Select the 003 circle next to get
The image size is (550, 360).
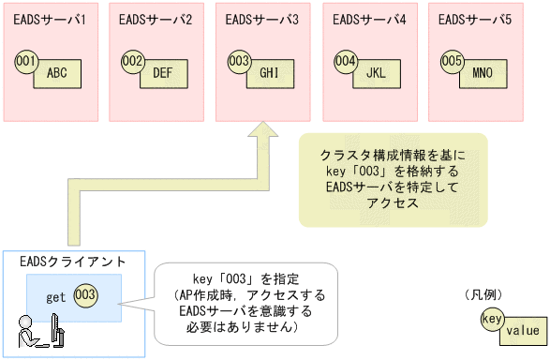tap(85, 295)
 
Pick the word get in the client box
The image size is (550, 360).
tap(55, 297)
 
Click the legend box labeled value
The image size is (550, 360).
tap(522, 330)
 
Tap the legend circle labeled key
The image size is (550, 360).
tap(492, 319)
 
